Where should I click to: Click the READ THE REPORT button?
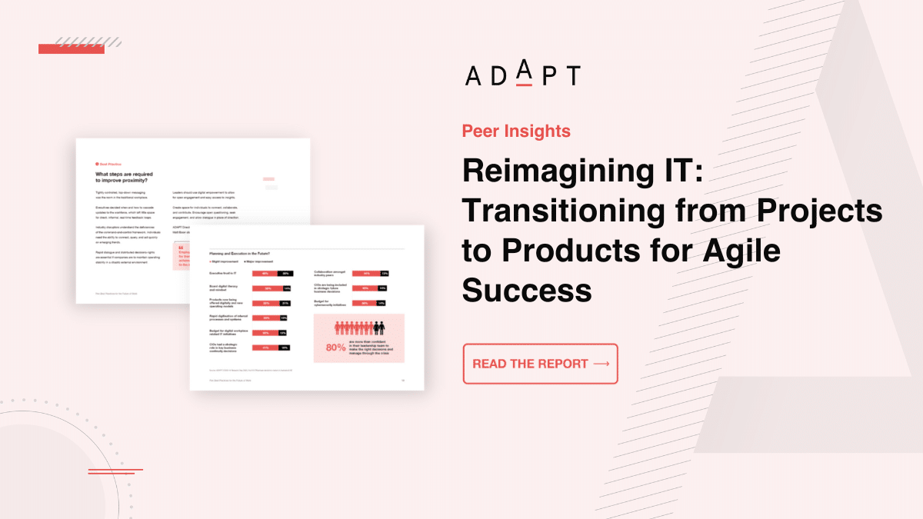[540, 364]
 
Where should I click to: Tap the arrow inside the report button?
[601, 364]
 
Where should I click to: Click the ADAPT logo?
[522, 75]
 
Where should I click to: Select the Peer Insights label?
[516, 131]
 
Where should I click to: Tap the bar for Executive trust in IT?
[272, 273]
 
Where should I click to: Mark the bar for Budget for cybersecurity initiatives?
[369, 303]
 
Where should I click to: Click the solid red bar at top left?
[60, 49]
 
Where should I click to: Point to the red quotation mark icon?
[181, 248]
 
